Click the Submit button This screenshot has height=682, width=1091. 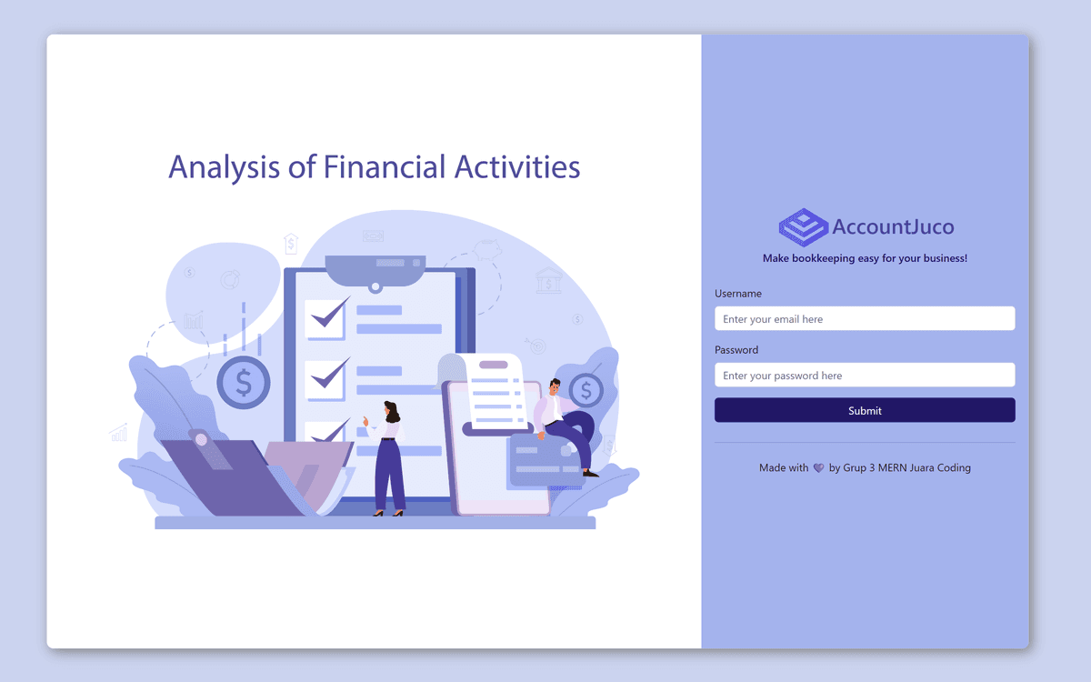click(x=865, y=410)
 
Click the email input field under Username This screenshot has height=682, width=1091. click(x=865, y=319)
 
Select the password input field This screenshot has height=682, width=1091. click(x=865, y=376)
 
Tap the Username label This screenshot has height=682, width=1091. click(x=738, y=294)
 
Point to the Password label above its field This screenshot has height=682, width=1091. click(x=736, y=350)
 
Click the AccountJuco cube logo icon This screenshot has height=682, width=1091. click(x=803, y=227)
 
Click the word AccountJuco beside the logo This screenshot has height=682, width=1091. click(x=893, y=227)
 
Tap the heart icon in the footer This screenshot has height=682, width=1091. click(x=818, y=468)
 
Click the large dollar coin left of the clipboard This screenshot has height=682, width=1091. click(x=244, y=383)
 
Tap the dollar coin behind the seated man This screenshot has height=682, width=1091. click(x=586, y=391)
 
